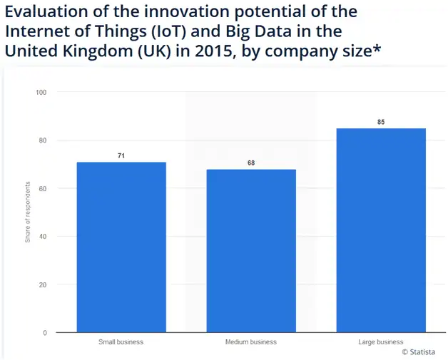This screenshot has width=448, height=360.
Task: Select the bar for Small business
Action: pos(121,247)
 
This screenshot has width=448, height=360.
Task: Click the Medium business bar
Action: pos(251,250)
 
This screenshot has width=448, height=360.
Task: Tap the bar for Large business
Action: pos(381,230)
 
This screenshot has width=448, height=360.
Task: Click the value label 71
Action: pos(121,155)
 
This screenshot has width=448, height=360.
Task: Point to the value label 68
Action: pos(251,163)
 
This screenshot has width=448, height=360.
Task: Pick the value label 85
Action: pos(381,122)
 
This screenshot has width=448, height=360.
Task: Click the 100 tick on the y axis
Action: pos(42,93)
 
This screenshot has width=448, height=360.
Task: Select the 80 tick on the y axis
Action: pos(44,140)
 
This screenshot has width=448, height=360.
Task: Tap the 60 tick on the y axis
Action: pos(44,189)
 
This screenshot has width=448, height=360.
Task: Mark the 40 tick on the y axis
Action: pos(44,237)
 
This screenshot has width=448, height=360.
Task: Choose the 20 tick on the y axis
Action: pos(44,285)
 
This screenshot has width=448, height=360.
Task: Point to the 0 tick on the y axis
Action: pos(46,333)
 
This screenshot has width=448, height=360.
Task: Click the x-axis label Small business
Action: pos(121,342)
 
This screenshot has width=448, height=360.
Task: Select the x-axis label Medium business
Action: pos(251,342)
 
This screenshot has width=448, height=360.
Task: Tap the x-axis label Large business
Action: pos(381,342)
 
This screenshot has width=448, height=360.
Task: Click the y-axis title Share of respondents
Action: pos(28,212)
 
